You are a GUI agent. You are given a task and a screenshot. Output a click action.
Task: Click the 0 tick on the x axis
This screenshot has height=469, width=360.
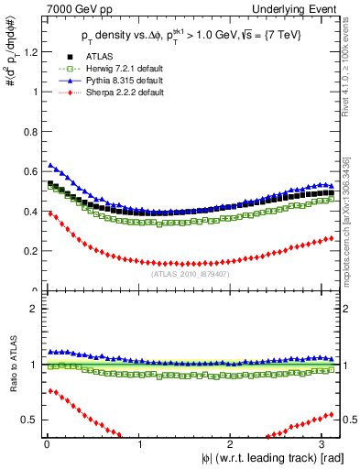click(46, 444)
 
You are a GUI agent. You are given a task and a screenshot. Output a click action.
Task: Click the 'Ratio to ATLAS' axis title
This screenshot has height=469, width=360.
click(11, 366)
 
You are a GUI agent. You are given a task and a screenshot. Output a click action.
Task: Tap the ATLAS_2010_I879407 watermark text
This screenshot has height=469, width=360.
click(190, 272)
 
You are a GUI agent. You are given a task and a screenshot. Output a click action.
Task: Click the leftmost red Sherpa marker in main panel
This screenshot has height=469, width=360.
click(49, 213)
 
